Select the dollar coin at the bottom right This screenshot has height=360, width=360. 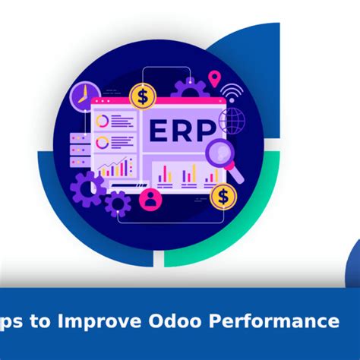[x=223, y=196]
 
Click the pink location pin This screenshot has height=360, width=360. [x=215, y=78]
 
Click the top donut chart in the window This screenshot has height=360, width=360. [x=104, y=121]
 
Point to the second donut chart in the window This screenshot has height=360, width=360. [x=104, y=141]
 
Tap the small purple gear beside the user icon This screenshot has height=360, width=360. [x=118, y=202]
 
